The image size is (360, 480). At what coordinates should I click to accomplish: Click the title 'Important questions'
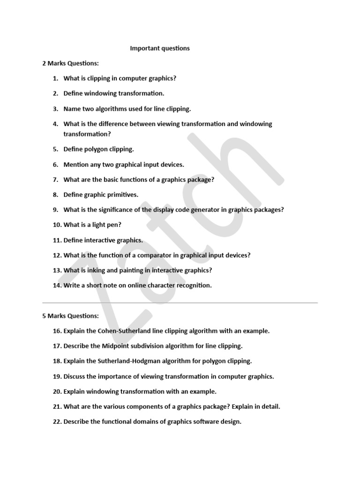[x=160, y=48]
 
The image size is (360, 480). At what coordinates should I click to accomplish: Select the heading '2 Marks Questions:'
[x=71, y=63]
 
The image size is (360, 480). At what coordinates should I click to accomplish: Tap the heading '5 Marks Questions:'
[x=71, y=316]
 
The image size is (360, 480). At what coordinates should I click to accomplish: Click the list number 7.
[x=55, y=180]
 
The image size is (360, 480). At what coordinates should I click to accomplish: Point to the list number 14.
[x=57, y=285]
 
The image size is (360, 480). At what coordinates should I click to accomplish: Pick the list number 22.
[x=57, y=421]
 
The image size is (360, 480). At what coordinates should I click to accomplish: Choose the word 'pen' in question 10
[x=112, y=225]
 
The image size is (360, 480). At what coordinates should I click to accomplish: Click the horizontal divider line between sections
[x=180, y=303]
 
